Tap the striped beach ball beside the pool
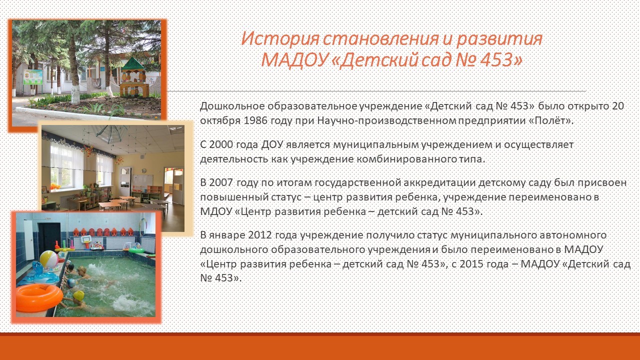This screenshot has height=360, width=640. [49, 259]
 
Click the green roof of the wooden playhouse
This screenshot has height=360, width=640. [133, 64]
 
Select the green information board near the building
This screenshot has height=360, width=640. [33, 77]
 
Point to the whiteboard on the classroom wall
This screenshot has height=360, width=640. [142, 181]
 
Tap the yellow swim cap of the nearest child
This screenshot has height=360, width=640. [78, 295]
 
